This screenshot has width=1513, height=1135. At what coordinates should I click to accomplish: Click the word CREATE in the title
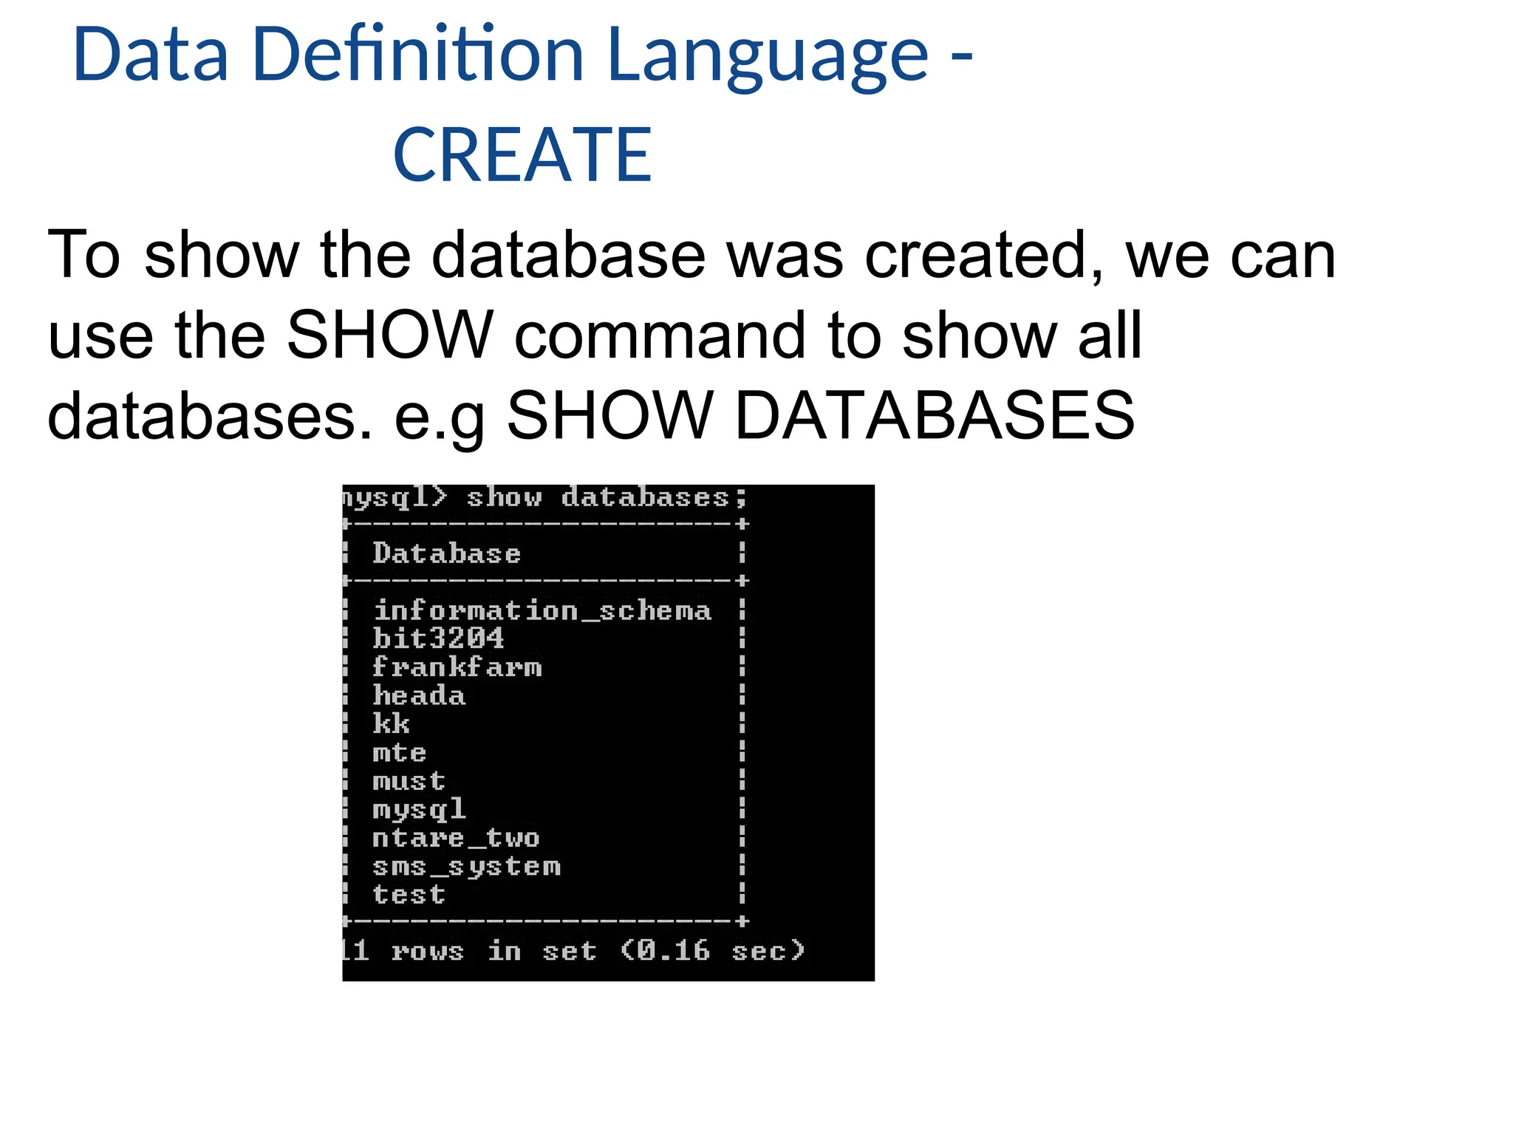(522, 154)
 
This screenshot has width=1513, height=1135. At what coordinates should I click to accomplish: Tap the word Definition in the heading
(418, 55)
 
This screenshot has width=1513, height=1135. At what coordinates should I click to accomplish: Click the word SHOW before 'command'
(390, 335)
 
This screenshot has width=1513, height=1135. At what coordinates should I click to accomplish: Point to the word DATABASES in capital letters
(935, 416)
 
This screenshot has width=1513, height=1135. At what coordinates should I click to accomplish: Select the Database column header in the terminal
(447, 553)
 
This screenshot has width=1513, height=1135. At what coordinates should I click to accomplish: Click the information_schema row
(542, 611)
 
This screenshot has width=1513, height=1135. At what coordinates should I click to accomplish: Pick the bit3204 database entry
(438, 638)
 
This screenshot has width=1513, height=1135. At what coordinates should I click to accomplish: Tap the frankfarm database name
(457, 667)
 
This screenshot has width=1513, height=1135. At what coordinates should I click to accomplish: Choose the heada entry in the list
(419, 695)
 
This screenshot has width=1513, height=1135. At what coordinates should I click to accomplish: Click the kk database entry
(391, 723)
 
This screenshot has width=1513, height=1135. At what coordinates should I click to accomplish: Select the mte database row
(400, 752)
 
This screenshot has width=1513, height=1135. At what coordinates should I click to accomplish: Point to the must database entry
(409, 781)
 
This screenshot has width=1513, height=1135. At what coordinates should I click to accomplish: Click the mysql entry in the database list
(419, 810)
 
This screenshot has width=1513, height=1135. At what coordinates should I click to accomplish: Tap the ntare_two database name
(456, 838)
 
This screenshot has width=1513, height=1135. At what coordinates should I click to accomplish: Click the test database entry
(409, 895)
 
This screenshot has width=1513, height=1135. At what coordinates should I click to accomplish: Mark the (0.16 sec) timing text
(712, 950)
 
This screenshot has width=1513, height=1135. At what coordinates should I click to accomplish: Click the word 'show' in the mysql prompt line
(504, 497)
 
